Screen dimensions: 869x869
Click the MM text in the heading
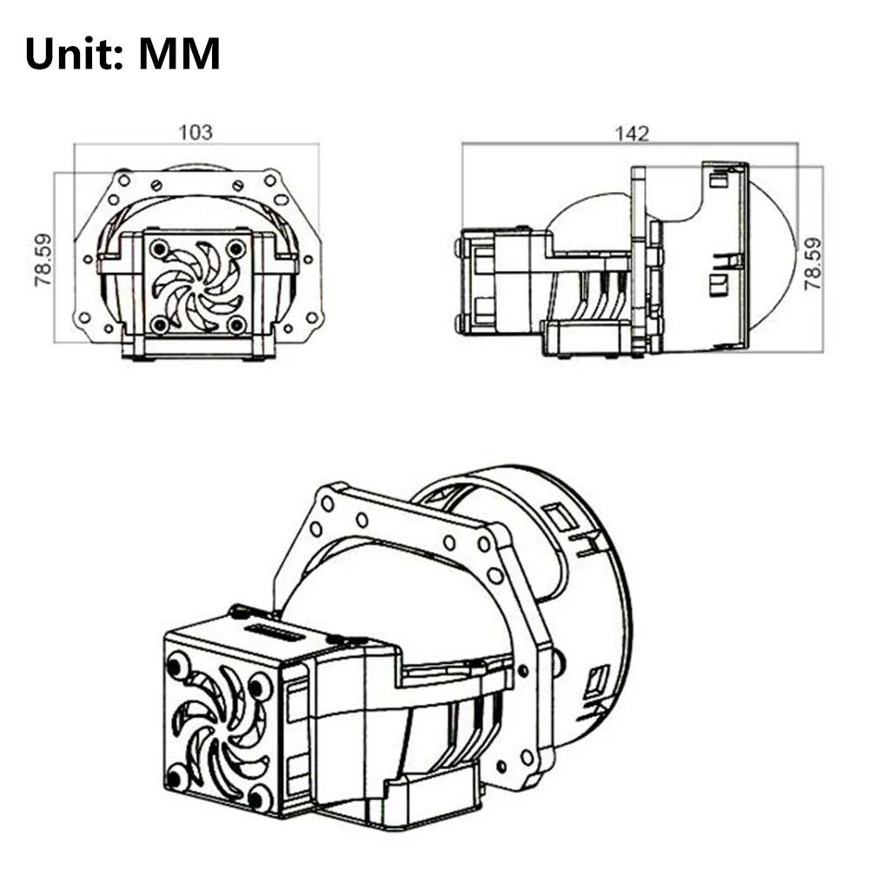180,53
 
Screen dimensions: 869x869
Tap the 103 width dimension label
196,132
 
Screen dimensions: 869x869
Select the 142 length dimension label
632,134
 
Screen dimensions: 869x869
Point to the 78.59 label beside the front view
43,260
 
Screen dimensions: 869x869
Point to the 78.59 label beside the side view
813,263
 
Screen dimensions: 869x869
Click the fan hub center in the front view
198,287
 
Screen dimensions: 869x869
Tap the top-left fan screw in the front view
160,248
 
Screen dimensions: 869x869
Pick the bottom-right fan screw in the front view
237,325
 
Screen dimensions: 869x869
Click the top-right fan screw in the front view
236,248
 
